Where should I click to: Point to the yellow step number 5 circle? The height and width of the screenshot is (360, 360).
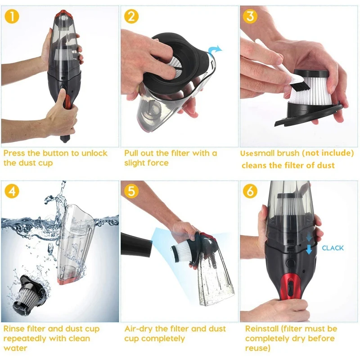click(131, 191)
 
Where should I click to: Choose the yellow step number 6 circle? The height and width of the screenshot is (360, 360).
click(250, 191)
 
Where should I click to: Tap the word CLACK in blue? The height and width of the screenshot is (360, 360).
click(333, 248)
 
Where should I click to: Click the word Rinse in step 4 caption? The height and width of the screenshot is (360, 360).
click(14, 329)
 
